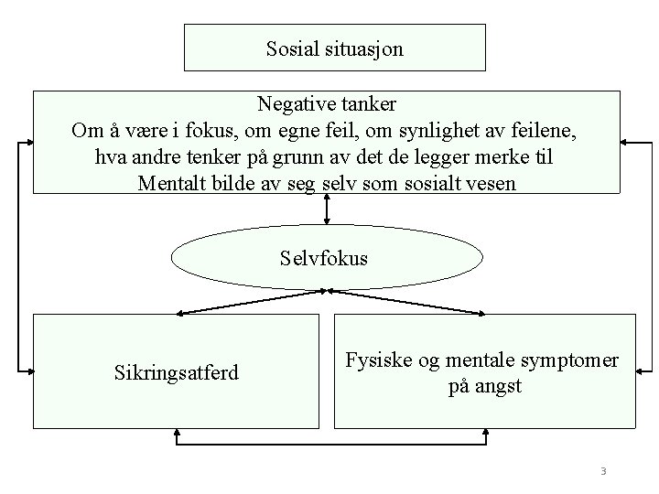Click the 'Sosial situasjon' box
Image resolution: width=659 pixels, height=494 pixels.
[334, 48]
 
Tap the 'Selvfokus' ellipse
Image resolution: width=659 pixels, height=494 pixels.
[327, 258]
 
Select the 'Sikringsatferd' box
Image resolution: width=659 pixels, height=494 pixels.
[175, 370]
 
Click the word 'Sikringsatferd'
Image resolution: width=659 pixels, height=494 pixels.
[175, 372]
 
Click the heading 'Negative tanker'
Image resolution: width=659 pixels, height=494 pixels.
[327, 101]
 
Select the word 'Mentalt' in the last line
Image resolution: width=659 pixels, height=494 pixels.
[171, 183]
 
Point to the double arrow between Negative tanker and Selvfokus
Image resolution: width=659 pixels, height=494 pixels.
[327, 209]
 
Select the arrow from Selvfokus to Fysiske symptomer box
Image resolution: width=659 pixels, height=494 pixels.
[407, 303]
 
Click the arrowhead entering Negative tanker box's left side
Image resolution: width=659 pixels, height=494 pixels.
[27, 142]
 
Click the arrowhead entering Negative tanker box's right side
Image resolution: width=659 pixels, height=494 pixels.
[628, 142]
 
